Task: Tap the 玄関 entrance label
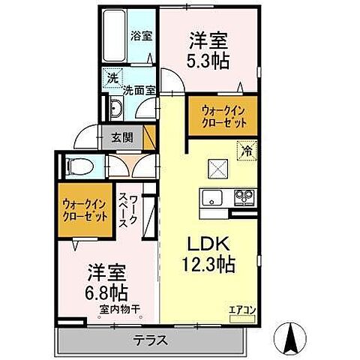(123, 137)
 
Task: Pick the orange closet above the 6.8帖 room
(84, 208)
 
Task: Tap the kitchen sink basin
(211, 197)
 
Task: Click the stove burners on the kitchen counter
(244, 197)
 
